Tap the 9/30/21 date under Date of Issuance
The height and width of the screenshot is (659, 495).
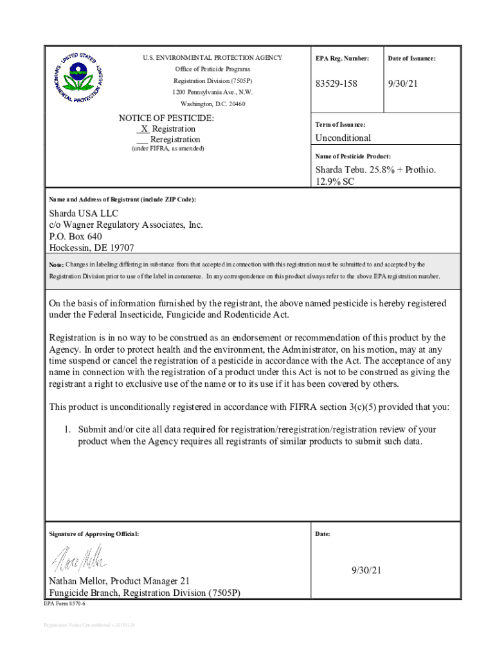pos(402,84)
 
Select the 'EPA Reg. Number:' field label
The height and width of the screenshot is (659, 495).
pos(342,59)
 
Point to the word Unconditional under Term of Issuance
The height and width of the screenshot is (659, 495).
pos(343,138)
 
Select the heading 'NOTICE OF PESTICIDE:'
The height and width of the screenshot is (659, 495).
pos(166,118)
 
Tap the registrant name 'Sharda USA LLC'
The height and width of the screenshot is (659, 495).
pos(84,213)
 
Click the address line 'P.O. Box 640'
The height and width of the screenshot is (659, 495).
pos(76,236)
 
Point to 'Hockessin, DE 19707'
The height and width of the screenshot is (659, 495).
pos(92,248)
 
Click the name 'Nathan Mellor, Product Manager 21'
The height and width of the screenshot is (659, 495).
pos(120,581)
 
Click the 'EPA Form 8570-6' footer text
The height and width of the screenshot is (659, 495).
pos(64,604)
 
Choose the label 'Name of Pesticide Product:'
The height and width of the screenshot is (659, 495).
pos(352,156)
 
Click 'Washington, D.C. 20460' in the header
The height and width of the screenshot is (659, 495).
pos(212,104)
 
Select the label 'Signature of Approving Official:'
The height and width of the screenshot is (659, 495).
pos(94,534)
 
